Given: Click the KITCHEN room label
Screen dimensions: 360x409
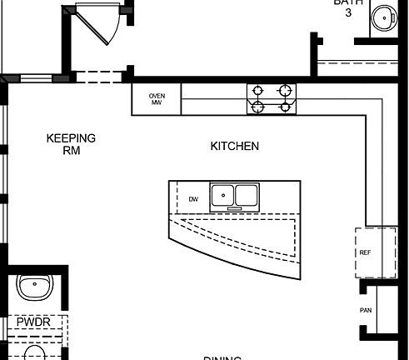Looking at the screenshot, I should click(x=234, y=146).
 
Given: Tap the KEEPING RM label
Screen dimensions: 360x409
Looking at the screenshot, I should click(x=71, y=144).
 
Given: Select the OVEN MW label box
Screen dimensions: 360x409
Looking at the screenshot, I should click(x=156, y=99).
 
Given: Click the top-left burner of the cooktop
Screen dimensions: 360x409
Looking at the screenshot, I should click(x=257, y=90).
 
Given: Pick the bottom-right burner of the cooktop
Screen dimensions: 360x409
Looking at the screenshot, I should click(x=285, y=106).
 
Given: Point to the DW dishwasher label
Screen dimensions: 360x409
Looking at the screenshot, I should click(x=193, y=199).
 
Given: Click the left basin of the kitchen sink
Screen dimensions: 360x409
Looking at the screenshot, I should click(x=222, y=196).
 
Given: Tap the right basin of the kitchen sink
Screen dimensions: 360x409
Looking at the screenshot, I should click(x=247, y=196).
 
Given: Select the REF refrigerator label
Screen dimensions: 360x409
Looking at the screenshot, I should click(x=365, y=252).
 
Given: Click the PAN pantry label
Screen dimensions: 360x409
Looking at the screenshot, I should click(x=365, y=310).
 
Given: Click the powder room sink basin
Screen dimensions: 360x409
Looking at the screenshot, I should click(x=33, y=286).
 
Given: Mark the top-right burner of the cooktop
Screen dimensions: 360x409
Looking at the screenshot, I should click(x=285, y=90).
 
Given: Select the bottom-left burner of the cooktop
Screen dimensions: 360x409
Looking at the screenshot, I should click(x=257, y=106).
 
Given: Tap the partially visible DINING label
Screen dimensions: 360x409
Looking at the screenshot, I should click(x=222, y=357).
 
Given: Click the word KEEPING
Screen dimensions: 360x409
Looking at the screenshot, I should click(x=71, y=138).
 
